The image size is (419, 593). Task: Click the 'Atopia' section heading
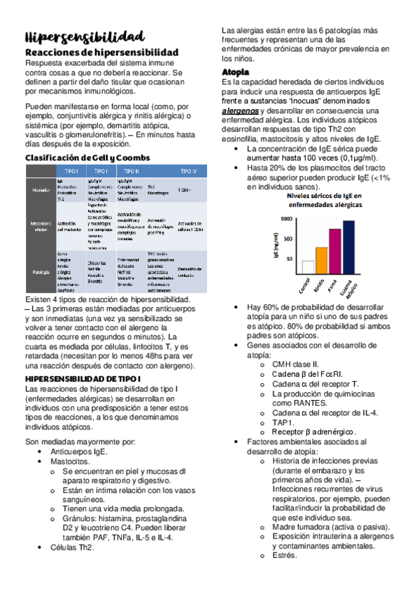(x=236, y=72)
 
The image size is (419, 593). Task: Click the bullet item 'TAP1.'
(x=284, y=422)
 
